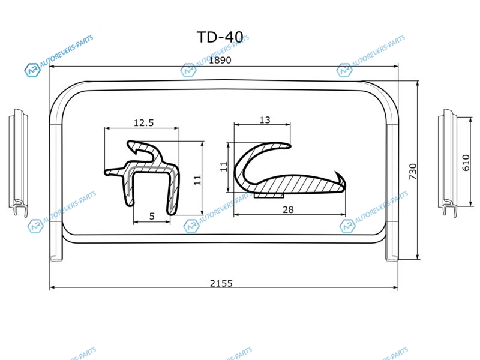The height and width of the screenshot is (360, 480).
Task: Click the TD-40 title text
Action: [x=220, y=37]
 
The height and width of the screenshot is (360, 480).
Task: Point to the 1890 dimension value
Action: [x=220, y=60]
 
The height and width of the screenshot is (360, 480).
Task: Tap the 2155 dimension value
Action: [x=221, y=283]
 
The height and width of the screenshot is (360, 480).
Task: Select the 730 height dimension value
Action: [x=413, y=172]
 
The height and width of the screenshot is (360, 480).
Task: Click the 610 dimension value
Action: [x=466, y=163]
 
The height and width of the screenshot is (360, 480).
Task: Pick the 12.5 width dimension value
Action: [x=143, y=123]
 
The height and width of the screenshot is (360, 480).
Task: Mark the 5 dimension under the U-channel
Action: [x=152, y=216]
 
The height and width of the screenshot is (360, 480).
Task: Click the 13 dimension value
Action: [x=265, y=119]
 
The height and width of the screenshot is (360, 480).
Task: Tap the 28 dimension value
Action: [x=288, y=209]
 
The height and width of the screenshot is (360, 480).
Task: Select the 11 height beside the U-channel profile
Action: [x=197, y=180]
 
